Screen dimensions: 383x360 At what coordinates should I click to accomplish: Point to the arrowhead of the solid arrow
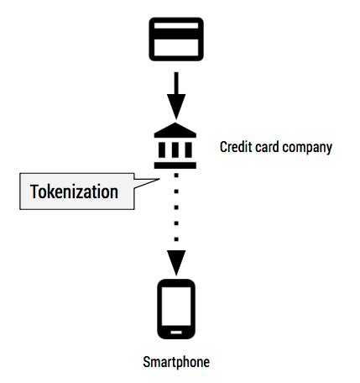(x=175, y=107)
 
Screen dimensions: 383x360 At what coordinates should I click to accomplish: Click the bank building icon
(x=175, y=147)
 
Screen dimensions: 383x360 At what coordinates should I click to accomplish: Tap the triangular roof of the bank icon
(x=175, y=133)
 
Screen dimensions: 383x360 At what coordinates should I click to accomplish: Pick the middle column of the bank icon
(x=175, y=150)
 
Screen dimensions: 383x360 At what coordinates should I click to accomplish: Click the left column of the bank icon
(x=163, y=150)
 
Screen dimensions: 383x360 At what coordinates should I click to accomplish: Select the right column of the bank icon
(x=188, y=150)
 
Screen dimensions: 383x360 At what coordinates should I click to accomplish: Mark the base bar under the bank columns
(x=175, y=165)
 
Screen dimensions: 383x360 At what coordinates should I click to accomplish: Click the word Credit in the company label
(x=235, y=147)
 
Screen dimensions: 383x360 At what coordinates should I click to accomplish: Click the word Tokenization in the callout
(x=74, y=191)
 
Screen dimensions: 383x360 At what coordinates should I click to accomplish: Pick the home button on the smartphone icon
(x=176, y=333)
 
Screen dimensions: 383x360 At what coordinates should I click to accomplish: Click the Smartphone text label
(x=175, y=363)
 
